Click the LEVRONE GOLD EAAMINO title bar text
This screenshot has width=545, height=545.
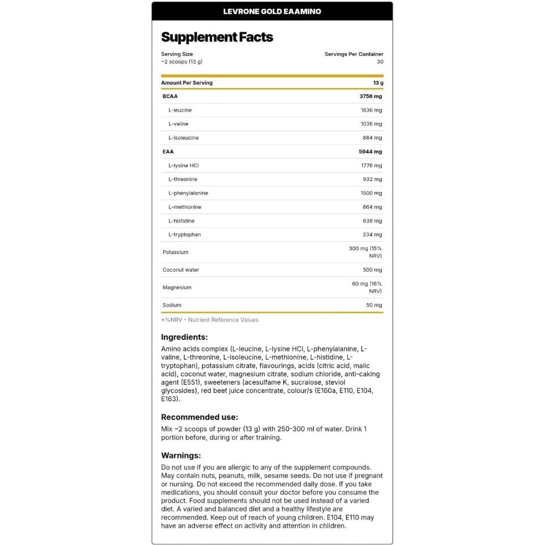pos(272,11)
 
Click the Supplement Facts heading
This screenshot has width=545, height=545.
pos(217,38)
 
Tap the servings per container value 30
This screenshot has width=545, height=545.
pos(380,62)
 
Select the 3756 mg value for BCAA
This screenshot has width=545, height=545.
pos(370,96)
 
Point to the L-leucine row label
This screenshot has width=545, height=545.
pos(180,110)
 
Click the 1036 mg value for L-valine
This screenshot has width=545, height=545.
pos(371,124)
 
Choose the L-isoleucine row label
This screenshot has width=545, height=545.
pos(183,138)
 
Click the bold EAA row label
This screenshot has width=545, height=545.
pos(168,152)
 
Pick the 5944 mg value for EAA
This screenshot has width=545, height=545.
pos(370,152)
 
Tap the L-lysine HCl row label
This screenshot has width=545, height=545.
pos(183,165)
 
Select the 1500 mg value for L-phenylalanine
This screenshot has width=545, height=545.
pos(371,193)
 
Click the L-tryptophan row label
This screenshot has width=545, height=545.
pos(184,235)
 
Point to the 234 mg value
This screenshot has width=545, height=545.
pos(372,235)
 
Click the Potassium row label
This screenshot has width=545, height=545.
pos(175,252)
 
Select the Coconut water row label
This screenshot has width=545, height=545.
pos(180,270)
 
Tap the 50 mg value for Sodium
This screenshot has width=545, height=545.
pos(373,305)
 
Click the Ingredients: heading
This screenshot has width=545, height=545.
pos(184,337)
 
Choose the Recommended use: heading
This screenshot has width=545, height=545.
pos(199,417)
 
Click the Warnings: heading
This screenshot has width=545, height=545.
pos(180,455)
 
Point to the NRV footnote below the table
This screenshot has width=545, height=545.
pos(210,320)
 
